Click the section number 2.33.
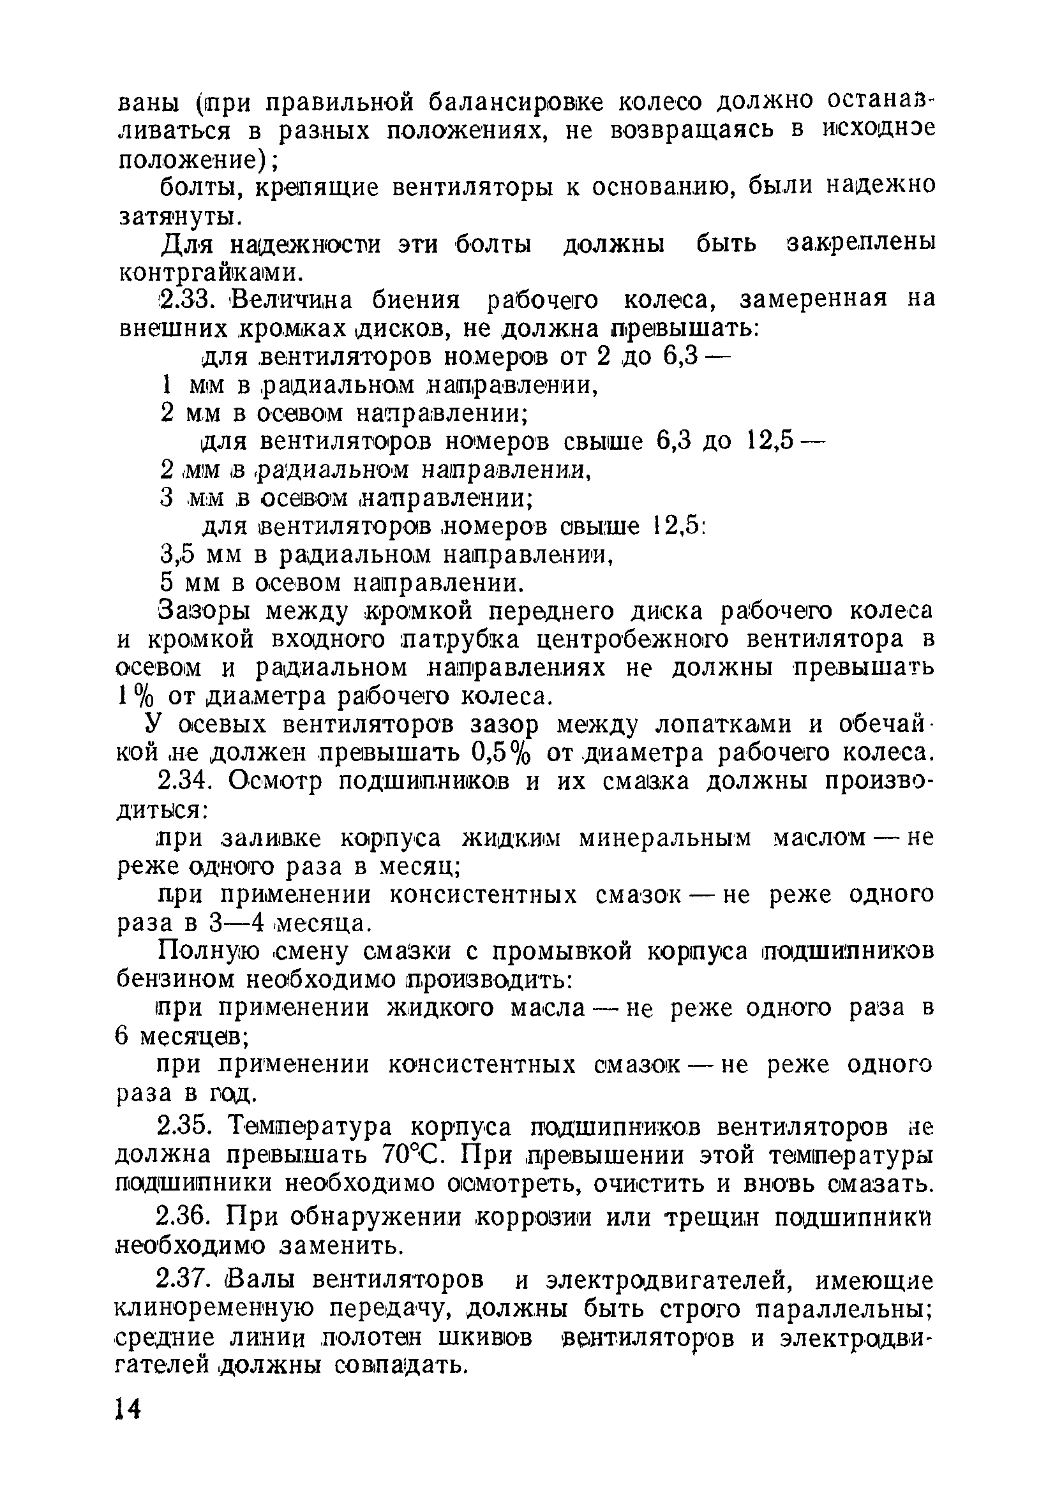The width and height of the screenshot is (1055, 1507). [x=184, y=300]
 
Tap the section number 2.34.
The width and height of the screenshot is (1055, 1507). [x=185, y=782]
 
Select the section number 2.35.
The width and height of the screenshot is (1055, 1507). [x=185, y=1127]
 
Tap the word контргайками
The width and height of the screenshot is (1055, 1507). [x=210, y=271]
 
